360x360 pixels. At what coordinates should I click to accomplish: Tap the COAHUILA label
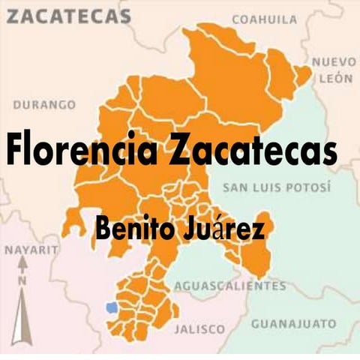264,19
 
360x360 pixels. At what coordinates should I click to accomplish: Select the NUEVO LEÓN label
334,70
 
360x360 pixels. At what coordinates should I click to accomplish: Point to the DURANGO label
44,105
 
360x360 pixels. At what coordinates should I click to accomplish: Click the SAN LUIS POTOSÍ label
276,187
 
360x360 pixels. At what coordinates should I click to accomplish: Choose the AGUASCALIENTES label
229,286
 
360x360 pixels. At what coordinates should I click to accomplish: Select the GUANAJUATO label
293,324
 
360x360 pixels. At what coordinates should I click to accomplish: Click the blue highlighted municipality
112,307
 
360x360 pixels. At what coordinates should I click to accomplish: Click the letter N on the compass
22,280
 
